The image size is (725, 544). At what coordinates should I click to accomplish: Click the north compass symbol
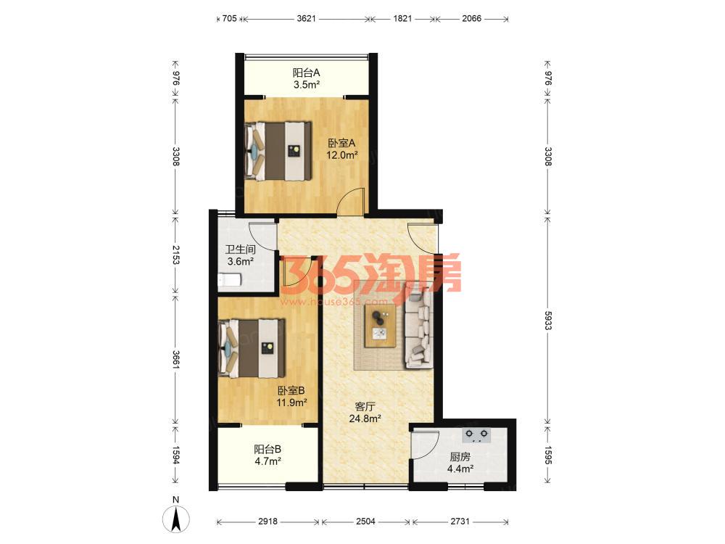click(175, 518)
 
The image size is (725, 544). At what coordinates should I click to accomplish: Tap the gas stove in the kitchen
click(477, 434)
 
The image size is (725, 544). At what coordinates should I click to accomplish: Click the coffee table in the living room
click(380, 326)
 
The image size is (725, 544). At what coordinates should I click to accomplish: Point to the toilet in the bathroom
click(229, 280)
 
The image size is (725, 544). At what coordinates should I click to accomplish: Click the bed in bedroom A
click(278, 151)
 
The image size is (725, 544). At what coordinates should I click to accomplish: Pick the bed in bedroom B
click(252, 348)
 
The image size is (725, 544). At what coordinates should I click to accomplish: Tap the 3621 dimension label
click(306, 19)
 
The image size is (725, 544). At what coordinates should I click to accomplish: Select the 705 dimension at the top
click(229, 19)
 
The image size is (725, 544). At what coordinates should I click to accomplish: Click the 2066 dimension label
click(472, 19)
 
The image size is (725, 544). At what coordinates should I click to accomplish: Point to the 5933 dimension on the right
click(548, 320)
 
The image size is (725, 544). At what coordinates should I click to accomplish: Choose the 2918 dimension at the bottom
click(268, 522)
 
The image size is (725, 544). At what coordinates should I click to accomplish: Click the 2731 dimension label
click(460, 522)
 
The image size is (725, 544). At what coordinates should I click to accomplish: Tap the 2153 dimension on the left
click(175, 255)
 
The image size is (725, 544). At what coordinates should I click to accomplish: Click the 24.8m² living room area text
click(365, 419)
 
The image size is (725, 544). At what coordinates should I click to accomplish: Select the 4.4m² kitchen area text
click(460, 469)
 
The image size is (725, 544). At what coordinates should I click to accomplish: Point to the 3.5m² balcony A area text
click(307, 85)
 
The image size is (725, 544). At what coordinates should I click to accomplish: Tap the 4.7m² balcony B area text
click(268, 461)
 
